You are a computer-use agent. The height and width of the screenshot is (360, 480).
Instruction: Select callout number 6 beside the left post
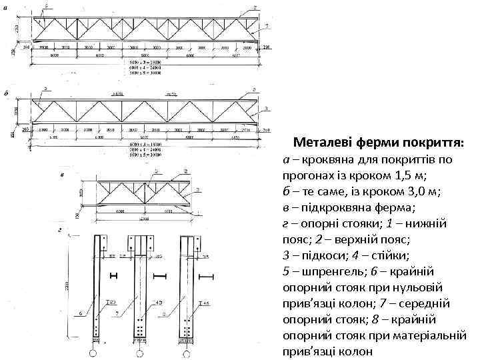[81, 312]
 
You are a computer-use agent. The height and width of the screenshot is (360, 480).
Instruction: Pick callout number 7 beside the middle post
[117, 312]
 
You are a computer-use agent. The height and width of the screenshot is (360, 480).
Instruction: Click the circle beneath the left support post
[93, 351]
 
